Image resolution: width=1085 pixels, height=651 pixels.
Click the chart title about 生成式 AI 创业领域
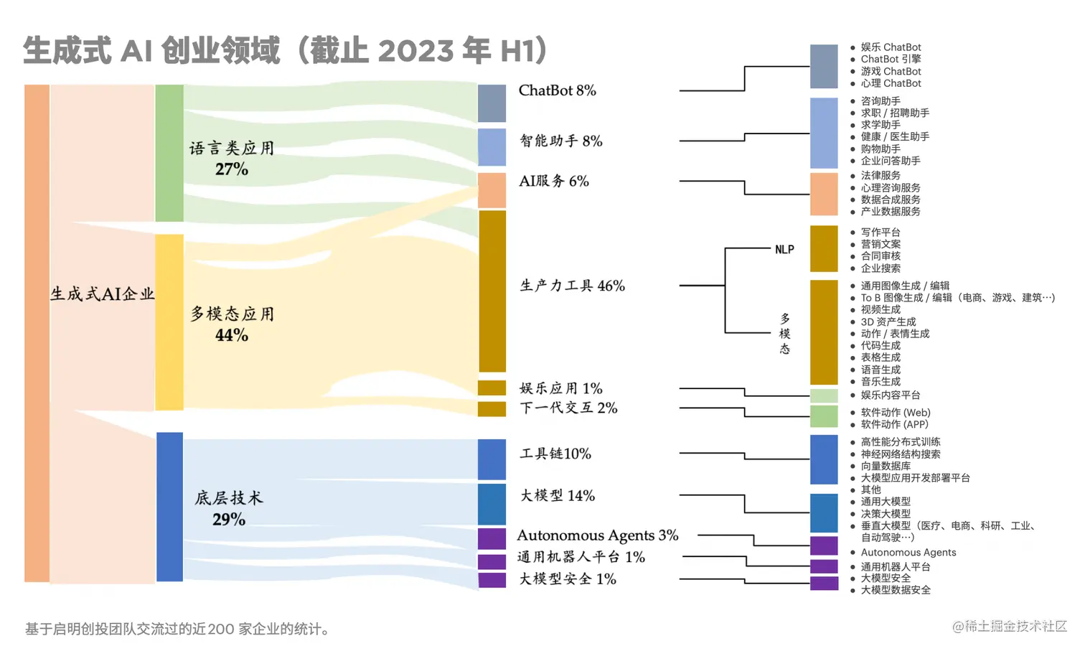[286, 50]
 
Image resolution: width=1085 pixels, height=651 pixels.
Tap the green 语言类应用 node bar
[169, 153]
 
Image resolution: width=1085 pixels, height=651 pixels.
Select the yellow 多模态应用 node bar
[169, 322]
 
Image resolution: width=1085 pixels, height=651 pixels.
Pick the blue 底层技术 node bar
[169, 506]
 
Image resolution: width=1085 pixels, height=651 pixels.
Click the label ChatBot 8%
[557, 90]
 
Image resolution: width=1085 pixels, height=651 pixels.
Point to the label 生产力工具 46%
[572, 286]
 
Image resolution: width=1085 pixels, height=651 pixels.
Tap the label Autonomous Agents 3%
[597, 535]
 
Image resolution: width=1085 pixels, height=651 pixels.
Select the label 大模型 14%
[557, 496]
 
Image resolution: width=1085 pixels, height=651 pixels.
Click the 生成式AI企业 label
[102, 294]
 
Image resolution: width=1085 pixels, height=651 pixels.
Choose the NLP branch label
[784, 250]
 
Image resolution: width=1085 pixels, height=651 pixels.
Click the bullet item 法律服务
[880, 175]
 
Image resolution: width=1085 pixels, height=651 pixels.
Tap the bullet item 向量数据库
[886, 466]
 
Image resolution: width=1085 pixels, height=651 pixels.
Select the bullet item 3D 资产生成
[888, 322]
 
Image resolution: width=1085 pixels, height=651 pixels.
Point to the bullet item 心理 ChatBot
[891, 83]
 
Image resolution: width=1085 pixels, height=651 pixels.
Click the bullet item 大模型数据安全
[896, 590]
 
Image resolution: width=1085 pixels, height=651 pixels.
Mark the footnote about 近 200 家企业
[178, 629]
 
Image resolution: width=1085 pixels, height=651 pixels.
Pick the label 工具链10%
[555, 454]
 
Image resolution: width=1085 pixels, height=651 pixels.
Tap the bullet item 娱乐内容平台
[891, 395]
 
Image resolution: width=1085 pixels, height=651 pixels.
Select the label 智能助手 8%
[560, 141]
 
